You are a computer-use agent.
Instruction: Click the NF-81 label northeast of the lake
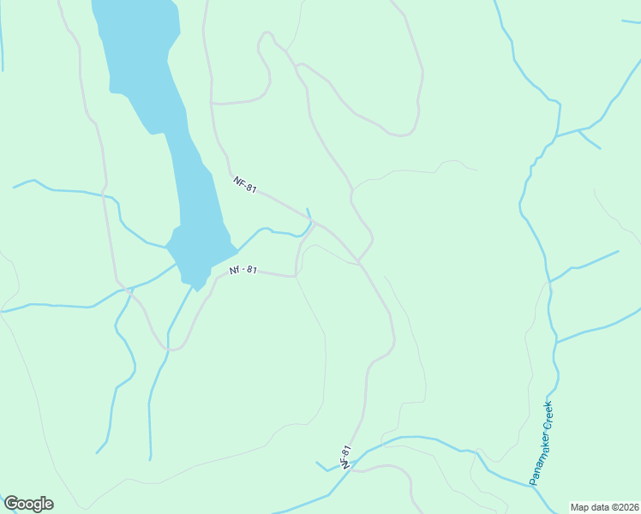(245, 183)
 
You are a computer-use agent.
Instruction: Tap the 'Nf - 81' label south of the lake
(243, 270)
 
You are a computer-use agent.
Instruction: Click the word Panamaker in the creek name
(538, 457)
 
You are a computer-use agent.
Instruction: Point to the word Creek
(548, 416)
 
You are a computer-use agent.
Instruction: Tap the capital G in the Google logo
(10, 504)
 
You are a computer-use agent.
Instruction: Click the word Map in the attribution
(581, 506)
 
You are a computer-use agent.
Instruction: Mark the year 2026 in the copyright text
(629, 506)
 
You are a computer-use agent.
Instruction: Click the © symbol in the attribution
(616, 506)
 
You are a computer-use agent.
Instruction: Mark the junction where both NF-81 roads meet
(315, 224)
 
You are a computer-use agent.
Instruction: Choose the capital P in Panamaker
(532, 481)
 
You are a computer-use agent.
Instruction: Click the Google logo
(28, 504)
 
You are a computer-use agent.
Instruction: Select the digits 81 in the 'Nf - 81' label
(250, 270)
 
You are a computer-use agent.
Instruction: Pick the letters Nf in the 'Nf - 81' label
(234, 271)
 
